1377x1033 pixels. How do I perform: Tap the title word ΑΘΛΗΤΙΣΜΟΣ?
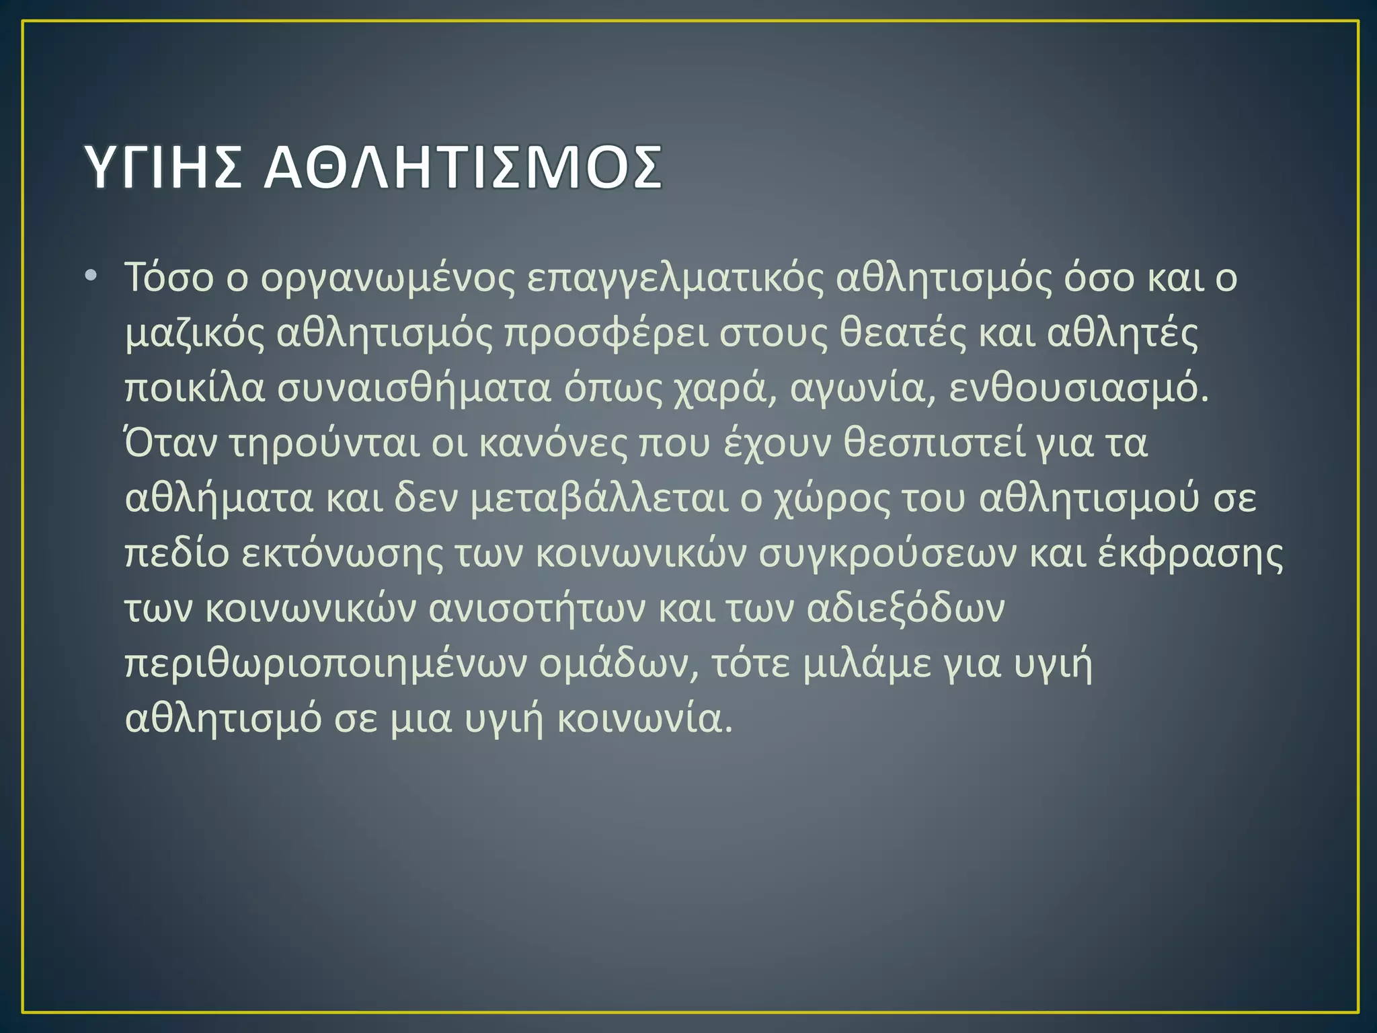coord(463,167)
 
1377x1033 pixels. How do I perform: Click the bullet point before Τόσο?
coord(91,276)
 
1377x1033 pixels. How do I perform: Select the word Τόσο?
coord(169,278)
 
